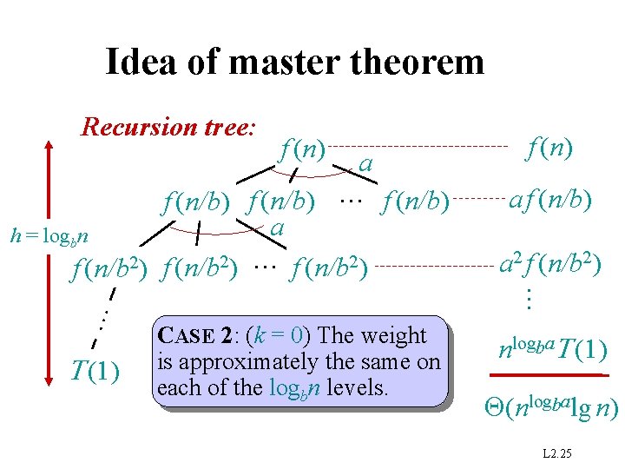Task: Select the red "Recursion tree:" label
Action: (x=168, y=128)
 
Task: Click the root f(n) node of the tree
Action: (x=302, y=149)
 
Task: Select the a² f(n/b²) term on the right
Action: (x=545, y=261)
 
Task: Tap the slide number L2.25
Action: (x=556, y=455)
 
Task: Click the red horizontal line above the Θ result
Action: (x=545, y=374)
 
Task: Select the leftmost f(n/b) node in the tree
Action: (x=196, y=203)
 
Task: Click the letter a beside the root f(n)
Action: (x=366, y=163)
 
